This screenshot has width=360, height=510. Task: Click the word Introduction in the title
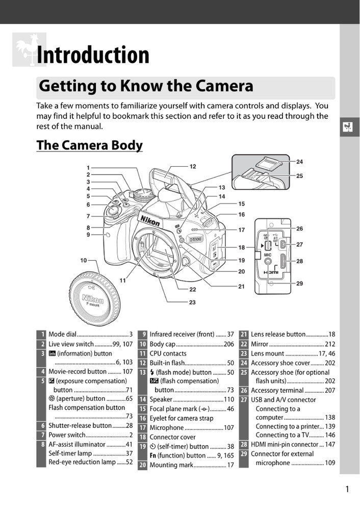93,55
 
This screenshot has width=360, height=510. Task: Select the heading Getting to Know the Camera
146,86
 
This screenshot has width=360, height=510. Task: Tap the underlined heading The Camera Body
89,145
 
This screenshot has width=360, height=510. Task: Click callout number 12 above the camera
193,166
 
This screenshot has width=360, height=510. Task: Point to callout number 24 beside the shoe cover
299,162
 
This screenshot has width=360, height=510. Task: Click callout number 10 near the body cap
83,260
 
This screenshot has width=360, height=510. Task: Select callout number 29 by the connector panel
299,283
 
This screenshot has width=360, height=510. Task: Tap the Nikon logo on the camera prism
150,220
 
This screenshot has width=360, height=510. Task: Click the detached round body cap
95,296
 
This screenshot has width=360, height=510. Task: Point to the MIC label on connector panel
268,253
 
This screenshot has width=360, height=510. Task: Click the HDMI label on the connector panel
271,273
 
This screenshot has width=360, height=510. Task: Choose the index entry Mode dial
62,335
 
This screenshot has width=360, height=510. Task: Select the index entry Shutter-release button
80,425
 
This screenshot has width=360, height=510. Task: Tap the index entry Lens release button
278,335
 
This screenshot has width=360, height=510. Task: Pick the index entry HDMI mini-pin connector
285,444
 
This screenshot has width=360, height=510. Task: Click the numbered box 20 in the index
143,465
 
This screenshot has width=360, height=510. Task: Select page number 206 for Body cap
228,344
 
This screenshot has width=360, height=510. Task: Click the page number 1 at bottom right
347,490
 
